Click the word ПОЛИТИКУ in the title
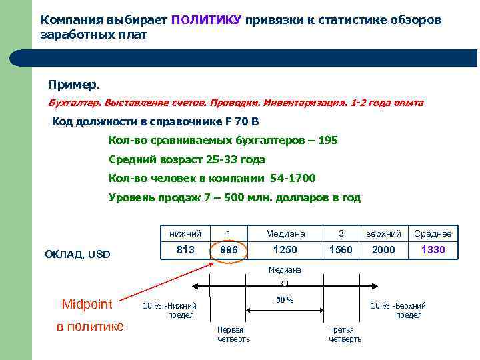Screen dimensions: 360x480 [206, 20]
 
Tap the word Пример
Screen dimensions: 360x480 [74, 85]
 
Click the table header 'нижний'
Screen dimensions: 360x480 [185, 233]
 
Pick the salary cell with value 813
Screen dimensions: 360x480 [185, 249]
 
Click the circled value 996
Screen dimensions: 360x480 [229, 249]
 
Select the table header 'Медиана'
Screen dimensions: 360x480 [285, 233]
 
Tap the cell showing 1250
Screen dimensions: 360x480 [285, 249]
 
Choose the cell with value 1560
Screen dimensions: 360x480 [341, 249]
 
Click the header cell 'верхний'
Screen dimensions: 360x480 [383, 233]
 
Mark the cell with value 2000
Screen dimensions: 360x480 [383, 249]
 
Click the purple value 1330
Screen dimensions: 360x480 [433, 249]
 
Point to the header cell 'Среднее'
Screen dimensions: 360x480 [433, 233]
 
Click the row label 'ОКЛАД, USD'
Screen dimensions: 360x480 [77, 254]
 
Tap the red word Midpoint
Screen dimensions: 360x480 [87, 305]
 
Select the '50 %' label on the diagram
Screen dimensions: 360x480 [285, 300]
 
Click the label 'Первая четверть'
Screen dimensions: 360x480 [234, 335]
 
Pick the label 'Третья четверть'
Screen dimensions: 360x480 [345, 335]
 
